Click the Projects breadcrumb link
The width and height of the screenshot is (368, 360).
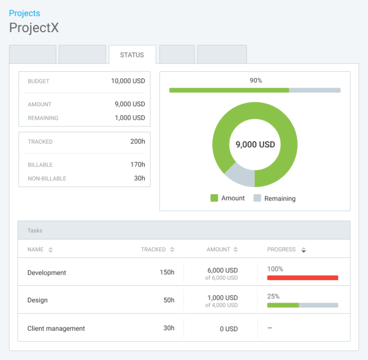coord(24,13)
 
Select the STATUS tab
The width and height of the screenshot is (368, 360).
coord(132,55)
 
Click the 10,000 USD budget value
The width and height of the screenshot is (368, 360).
coord(128,81)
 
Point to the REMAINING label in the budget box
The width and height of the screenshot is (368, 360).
coord(43,118)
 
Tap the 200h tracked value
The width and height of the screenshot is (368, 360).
coord(138,141)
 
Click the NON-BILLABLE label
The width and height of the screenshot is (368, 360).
coord(47,179)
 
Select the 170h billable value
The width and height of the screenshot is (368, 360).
coord(138,164)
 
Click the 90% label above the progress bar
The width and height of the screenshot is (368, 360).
coord(255,80)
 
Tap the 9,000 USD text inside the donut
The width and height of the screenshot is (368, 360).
coord(255,145)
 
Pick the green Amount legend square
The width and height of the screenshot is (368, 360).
coord(214,198)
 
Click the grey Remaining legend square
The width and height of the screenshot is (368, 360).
coord(257,198)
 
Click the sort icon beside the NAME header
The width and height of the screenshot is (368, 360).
coord(51,249)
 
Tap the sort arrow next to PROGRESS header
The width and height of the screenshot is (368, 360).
coord(303,249)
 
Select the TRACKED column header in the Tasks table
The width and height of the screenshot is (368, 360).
coord(153,249)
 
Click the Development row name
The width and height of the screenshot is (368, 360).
coord(46,272)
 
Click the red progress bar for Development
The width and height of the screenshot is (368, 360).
coord(302,278)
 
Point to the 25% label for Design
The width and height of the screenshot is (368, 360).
coord(273,296)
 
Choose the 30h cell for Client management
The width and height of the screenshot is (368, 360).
coord(169,328)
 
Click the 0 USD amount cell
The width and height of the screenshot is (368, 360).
coord(229,329)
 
